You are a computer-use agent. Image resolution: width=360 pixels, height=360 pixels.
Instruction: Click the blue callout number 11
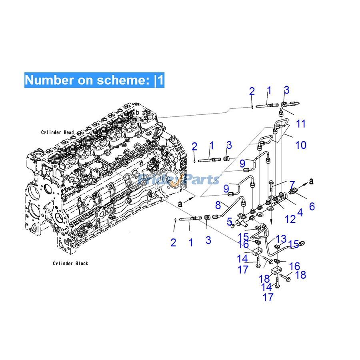pos(301,124)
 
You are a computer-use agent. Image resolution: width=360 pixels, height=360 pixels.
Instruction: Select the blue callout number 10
pos(301,144)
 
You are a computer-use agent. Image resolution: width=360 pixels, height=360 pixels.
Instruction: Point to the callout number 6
pos(312,206)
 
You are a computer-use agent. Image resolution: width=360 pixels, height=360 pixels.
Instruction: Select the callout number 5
pos(230,221)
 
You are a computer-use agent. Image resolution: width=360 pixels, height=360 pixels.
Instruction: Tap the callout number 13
pos(281,239)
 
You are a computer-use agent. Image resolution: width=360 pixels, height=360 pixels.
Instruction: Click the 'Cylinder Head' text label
pos(57,132)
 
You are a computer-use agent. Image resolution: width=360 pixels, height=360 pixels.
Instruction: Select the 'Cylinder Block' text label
pos(70,263)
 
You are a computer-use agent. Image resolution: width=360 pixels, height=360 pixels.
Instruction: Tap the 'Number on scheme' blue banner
pos(94,80)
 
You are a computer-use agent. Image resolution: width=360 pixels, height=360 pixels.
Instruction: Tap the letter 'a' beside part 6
pos(311,181)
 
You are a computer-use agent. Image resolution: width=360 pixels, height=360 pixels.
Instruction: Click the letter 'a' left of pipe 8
pos(180,204)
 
